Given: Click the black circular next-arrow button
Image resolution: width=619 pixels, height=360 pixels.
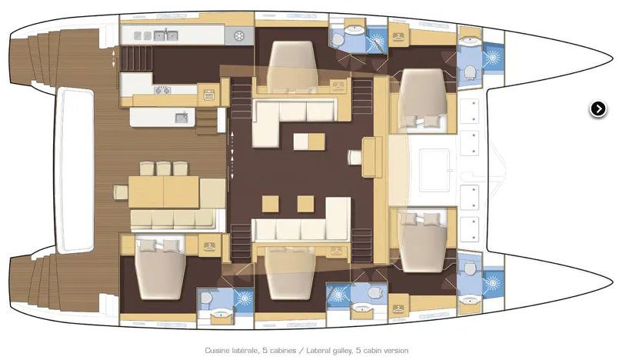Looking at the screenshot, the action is (x=598, y=109).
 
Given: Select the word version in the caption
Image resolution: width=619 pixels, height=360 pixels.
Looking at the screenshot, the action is (x=396, y=351).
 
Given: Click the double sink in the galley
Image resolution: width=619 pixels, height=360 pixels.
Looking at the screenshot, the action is (x=165, y=35).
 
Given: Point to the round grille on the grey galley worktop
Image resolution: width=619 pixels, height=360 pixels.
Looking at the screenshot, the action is (x=239, y=36).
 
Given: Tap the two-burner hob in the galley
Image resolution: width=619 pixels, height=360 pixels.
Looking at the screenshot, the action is (x=162, y=91).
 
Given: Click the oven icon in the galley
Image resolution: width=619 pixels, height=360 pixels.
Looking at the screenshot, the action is (x=209, y=95).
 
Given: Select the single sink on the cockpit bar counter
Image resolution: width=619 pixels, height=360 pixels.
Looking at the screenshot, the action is (x=182, y=117).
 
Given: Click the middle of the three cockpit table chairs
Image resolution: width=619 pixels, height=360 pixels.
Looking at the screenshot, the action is (x=164, y=168).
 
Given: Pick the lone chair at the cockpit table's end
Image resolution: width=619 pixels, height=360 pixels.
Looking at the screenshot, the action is (x=121, y=192).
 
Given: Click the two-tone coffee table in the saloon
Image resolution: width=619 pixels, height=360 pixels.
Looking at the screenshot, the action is (x=309, y=142).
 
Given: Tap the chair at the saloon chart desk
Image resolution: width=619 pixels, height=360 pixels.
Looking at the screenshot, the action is (x=354, y=157).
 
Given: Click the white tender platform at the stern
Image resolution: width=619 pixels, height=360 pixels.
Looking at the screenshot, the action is (x=75, y=170).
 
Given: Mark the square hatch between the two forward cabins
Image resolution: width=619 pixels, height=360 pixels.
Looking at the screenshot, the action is (x=434, y=170).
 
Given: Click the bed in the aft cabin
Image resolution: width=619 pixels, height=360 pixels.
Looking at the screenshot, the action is (x=160, y=268).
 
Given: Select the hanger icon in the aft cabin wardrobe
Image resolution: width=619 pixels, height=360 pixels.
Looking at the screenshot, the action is (x=209, y=247).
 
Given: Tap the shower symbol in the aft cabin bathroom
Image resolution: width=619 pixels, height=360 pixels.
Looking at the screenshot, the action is (x=244, y=298).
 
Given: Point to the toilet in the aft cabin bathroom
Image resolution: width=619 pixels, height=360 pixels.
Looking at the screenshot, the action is (x=205, y=297).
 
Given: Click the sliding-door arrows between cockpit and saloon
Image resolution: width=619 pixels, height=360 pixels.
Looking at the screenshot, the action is (x=232, y=155).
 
